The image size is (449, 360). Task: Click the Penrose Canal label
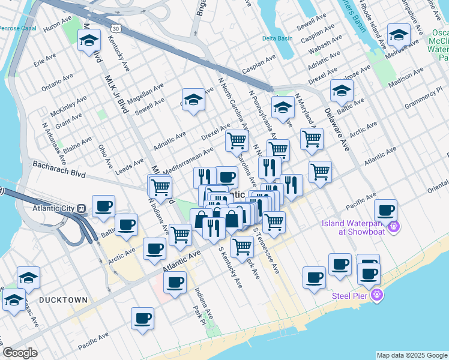(x=18, y=28)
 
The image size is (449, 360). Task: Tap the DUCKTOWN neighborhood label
(x=63, y=299)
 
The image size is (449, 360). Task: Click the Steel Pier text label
(x=351, y=295)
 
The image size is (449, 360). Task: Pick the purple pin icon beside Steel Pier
(x=376, y=295)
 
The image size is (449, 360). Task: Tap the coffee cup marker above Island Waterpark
(x=385, y=211)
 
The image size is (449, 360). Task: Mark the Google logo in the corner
(x=20, y=353)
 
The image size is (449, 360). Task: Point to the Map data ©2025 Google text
(x=412, y=355)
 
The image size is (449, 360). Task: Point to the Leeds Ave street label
(x=130, y=163)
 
